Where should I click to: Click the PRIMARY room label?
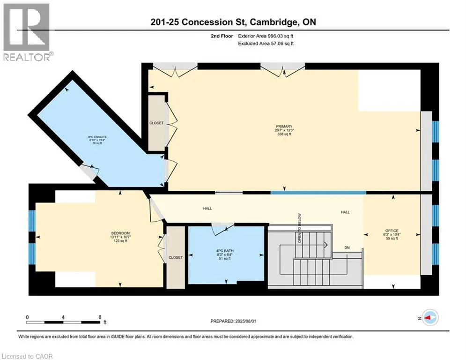pos(284,127)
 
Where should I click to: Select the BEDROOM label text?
pos(120,233)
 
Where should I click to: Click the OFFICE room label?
pos(392,231)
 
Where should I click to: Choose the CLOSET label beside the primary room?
pos(156,123)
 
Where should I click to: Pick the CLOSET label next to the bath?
pos(175,257)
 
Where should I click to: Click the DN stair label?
pos(347,247)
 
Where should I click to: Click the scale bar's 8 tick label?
pos(100,317)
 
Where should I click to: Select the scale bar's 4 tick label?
pos(63,317)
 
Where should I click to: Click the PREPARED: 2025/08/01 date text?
pos(233,321)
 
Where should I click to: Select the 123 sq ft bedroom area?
pos(120,241)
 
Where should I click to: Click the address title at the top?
pos(233,22)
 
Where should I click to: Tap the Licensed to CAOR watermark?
pos(27,356)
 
